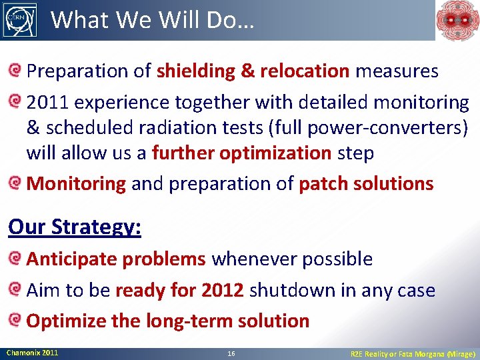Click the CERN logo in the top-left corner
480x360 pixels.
pos(19,19)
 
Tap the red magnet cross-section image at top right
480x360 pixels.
pos(457,20)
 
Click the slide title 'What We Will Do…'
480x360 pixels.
pos(152,20)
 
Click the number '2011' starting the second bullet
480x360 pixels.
pos(49,103)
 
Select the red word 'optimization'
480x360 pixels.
pos(275,153)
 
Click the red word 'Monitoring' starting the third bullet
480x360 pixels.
pos(76,183)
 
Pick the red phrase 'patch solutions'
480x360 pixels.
pos(366,183)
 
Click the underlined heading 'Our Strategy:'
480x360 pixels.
pos(75,227)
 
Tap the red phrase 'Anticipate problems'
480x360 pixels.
pos(115,259)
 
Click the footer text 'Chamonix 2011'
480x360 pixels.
pos(32,352)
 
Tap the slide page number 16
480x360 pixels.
pos(230,353)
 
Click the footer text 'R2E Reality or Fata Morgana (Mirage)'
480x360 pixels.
pos(413,353)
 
